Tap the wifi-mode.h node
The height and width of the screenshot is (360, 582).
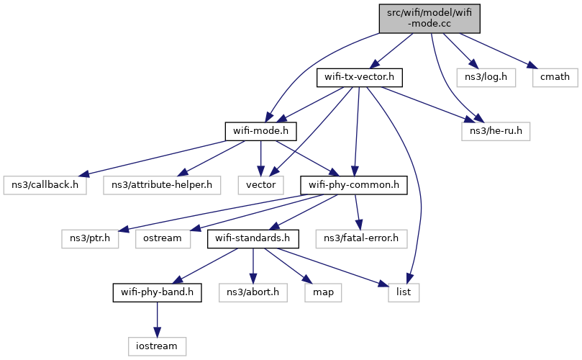tap(261, 131)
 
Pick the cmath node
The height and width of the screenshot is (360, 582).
tap(551, 77)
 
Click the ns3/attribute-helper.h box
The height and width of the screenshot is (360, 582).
tap(159, 185)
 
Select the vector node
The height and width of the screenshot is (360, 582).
tap(260, 185)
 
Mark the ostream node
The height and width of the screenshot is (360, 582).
tap(162, 238)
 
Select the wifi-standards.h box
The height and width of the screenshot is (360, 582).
tap(250, 238)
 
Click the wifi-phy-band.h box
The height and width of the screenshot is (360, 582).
tap(157, 292)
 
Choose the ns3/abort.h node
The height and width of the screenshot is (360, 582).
tap(253, 292)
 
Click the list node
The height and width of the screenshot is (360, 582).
tap(404, 292)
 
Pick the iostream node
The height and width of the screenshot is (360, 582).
tap(157, 346)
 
